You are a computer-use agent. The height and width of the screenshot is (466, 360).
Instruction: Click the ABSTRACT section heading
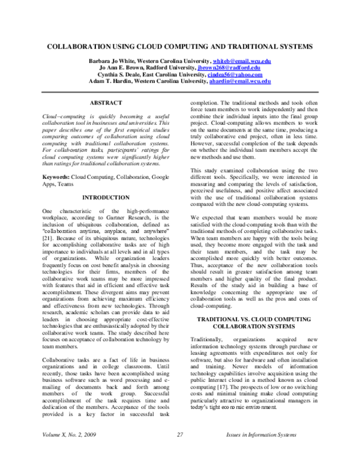(x=106, y=103)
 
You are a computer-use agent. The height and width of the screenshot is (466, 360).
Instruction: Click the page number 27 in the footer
(x=179, y=451)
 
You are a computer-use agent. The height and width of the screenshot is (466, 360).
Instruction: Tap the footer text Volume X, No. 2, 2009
(x=68, y=451)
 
